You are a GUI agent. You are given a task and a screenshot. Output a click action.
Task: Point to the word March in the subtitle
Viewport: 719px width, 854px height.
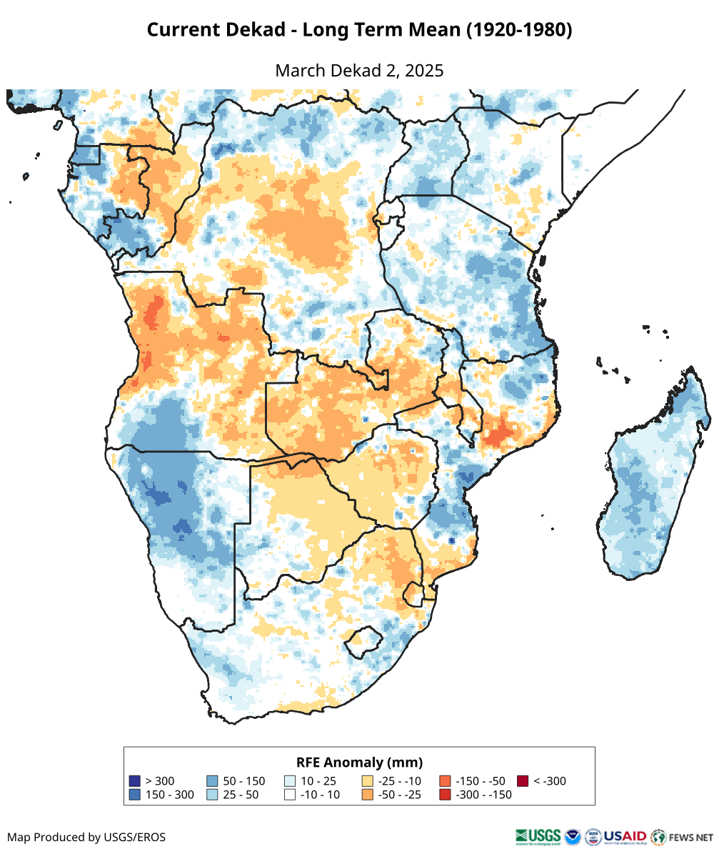(300, 71)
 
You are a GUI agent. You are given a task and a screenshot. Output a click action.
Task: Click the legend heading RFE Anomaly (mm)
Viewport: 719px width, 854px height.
(359, 762)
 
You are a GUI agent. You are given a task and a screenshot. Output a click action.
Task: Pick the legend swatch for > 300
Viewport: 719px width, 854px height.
(134, 781)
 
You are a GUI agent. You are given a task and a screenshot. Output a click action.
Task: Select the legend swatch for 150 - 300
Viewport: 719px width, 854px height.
(134, 795)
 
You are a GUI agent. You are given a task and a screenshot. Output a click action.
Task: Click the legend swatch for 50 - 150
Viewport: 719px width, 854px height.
(212, 781)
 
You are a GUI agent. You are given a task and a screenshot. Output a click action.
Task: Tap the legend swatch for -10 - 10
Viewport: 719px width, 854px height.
(290, 795)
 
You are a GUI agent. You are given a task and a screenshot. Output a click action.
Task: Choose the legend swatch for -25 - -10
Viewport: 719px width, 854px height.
(368, 781)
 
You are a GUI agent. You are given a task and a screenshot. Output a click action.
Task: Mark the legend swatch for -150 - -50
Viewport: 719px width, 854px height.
(445, 781)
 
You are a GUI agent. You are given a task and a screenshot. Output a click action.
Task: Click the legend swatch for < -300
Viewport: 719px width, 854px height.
(523, 781)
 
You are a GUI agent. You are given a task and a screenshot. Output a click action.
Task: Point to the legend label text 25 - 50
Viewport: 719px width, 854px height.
(241, 795)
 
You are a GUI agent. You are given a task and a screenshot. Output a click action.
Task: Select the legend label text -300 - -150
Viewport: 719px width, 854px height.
(483, 795)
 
